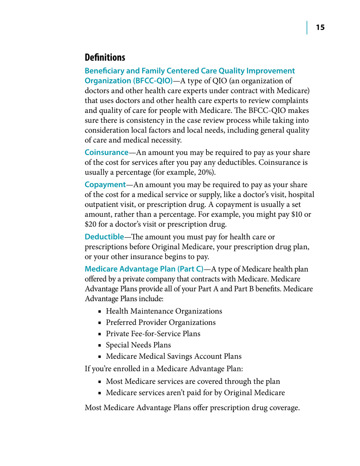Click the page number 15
point(320,28)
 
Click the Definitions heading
point(105,58)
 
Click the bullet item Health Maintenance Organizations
point(164,311)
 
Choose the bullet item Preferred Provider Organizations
point(161,322)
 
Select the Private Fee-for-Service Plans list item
point(153,334)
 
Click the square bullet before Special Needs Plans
point(100,345)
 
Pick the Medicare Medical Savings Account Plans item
point(174,356)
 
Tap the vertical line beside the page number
point(307,28)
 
